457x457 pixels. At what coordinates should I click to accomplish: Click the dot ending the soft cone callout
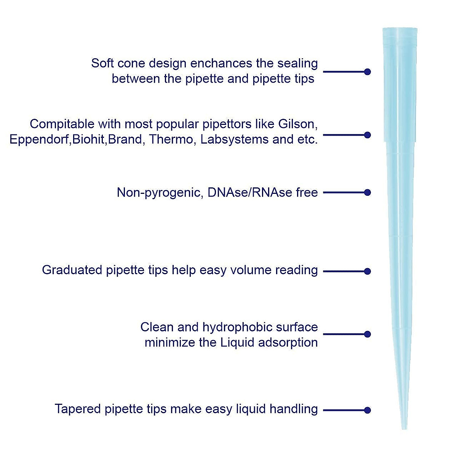click(x=368, y=72)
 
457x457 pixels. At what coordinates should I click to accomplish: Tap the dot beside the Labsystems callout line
click(x=368, y=135)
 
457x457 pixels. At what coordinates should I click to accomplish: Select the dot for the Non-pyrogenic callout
click(x=368, y=192)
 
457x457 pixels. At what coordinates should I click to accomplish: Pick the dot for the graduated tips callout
click(x=368, y=271)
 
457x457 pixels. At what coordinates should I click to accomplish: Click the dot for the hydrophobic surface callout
click(x=368, y=334)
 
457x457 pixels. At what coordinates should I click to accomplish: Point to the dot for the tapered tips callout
click(x=368, y=410)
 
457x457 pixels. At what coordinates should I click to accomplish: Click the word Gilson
click(x=297, y=124)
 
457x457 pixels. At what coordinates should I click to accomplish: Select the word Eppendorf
click(x=40, y=140)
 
